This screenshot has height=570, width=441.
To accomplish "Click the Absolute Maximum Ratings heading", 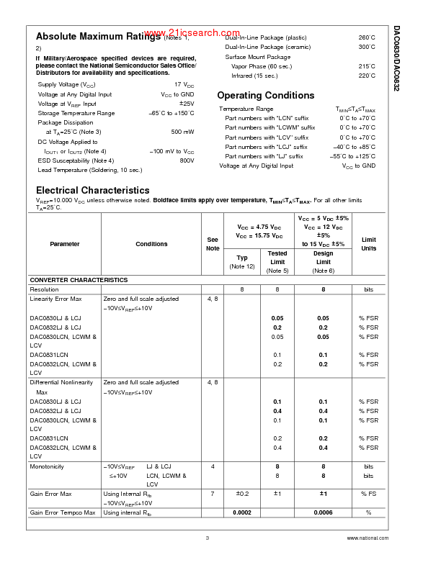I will [99, 36].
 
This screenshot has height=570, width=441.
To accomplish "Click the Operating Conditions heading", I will [265, 95].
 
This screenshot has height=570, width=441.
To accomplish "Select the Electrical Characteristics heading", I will [92, 190].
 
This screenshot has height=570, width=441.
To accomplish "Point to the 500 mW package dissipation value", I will [182, 132].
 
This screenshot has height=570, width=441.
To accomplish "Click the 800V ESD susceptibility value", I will [187, 160].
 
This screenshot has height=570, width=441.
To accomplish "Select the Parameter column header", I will [65, 244].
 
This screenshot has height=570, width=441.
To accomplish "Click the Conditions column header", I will [151, 244].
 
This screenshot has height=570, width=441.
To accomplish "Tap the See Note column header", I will [213, 244].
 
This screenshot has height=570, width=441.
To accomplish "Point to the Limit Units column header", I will [368, 244].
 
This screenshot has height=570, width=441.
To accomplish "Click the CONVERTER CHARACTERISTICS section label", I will [79, 280].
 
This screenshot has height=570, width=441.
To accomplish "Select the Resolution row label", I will [44, 289].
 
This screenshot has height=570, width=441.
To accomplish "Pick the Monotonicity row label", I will [47, 466].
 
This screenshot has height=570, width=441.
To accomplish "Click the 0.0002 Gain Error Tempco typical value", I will [242, 512].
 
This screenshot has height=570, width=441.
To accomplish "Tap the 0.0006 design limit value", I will [324, 512].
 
